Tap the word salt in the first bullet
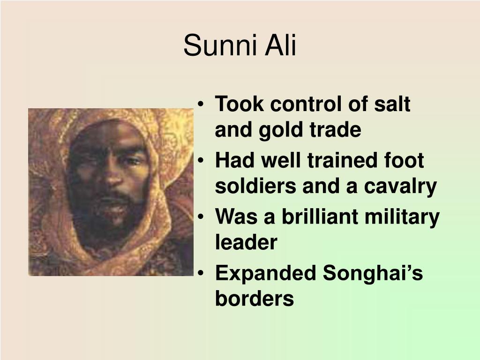point(392,104)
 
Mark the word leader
point(246,243)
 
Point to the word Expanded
point(266,273)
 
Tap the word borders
point(254,299)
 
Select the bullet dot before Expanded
point(201,274)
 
